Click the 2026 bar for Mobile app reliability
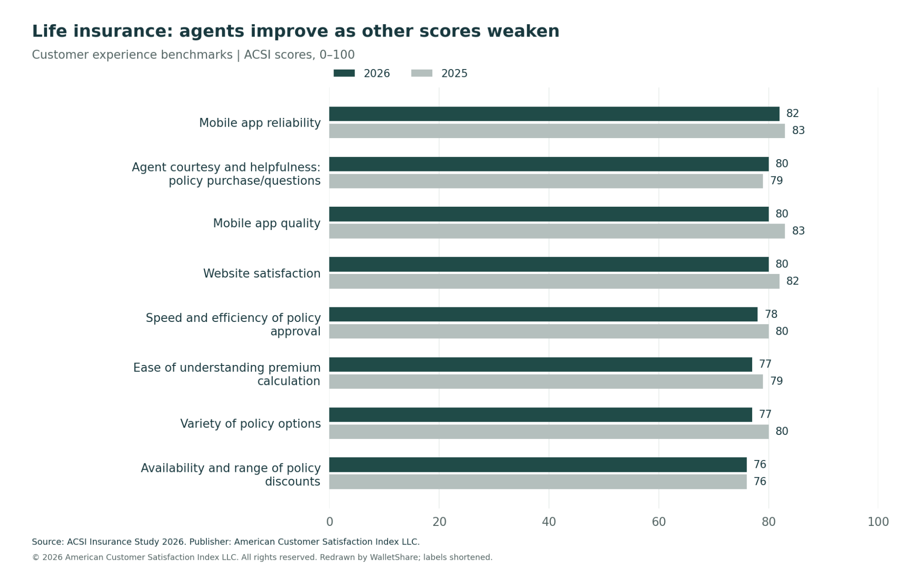tap(554, 114)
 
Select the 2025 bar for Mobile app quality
tap(557, 231)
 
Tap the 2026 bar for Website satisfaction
tap(549, 264)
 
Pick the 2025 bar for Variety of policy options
tap(549, 432)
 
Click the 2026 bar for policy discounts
tap(538, 465)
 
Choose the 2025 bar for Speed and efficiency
tap(549, 332)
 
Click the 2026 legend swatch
tap(344, 73)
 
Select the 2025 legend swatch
tap(422, 73)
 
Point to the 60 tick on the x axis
tap(659, 522)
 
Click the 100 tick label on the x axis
tap(878, 522)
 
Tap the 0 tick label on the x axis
tap(329, 522)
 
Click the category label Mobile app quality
tap(267, 224)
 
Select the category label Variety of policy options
tap(250, 424)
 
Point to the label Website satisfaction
tap(262, 273)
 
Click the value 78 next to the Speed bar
tap(771, 314)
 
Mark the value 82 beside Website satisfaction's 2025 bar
tap(792, 281)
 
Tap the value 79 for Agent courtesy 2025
tap(776, 181)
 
